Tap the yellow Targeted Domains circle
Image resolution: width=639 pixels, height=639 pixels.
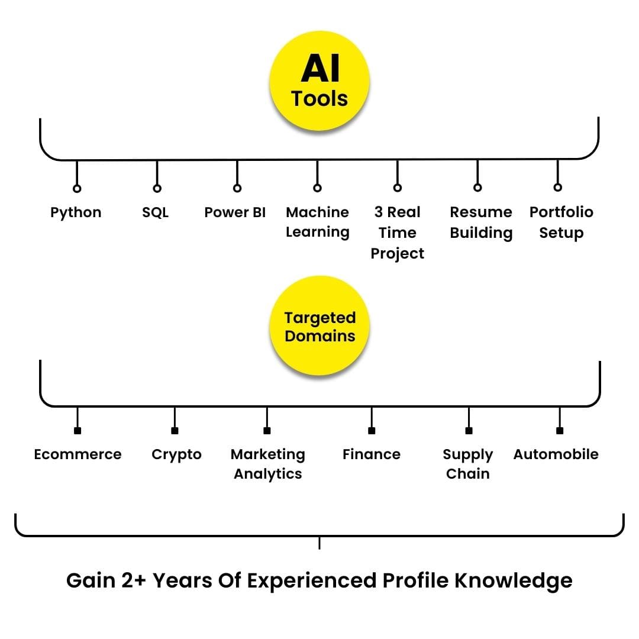click(x=319, y=327)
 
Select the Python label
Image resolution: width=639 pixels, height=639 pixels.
click(x=76, y=212)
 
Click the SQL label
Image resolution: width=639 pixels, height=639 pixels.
click(x=156, y=212)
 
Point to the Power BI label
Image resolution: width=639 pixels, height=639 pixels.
click(x=235, y=212)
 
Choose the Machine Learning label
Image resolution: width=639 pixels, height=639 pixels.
click(x=318, y=222)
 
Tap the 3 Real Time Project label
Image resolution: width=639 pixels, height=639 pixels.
click(x=398, y=233)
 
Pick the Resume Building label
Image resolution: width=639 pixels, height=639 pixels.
click(x=481, y=222)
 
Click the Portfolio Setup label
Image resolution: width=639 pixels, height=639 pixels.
click(x=561, y=222)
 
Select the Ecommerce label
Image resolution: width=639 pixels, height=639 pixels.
click(x=78, y=454)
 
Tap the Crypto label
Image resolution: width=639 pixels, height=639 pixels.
click(x=176, y=454)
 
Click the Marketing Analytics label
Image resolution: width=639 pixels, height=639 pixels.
click(x=268, y=464)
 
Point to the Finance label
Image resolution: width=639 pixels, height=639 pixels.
click(x=372, y=454)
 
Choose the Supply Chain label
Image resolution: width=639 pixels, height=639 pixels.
click(x=468, y=464)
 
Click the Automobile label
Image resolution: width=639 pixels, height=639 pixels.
click(x=556, y=454)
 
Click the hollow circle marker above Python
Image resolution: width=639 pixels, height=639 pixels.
click(x=77, y=188)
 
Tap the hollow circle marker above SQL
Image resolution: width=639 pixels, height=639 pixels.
click(x=157, y=188)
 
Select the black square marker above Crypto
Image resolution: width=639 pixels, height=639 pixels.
click(x=175, y=431)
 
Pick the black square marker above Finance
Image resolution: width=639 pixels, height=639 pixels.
click(x=372, y=431)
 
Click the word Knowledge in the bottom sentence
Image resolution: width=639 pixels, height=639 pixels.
click(x=513, y=580)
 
